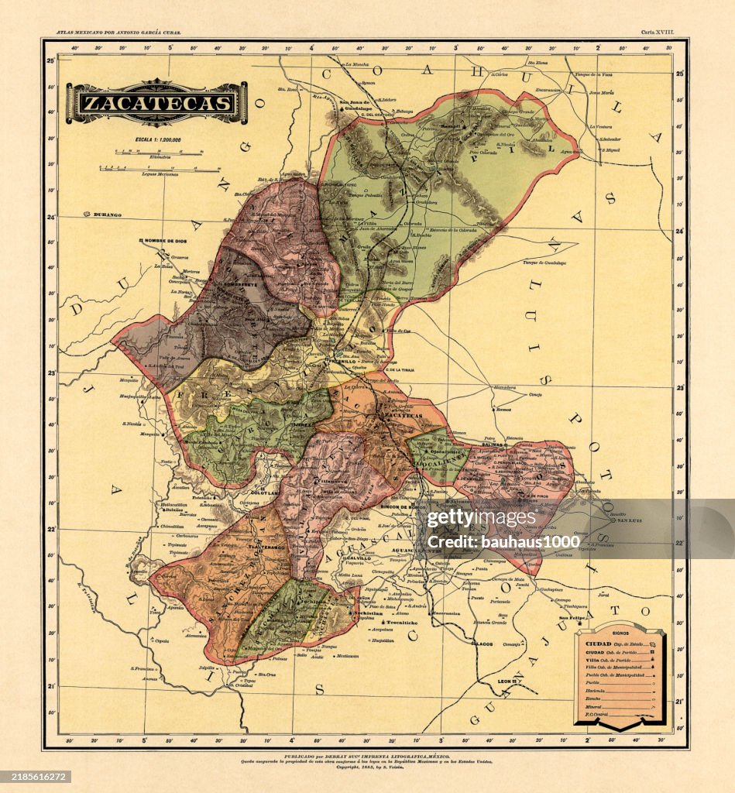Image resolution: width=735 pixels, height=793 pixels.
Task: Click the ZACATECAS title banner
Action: pos(157,103)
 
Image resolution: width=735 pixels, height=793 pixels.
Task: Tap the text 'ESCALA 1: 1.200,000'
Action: pos(158,140)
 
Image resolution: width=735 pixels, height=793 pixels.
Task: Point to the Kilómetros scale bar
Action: pos(159,153)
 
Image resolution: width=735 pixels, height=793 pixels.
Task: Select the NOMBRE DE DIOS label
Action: pos(167,241)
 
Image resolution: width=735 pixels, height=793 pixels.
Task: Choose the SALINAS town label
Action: pos(493,445)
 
